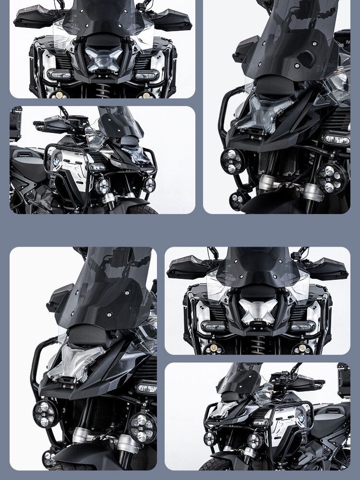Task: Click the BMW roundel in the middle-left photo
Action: (57, 162)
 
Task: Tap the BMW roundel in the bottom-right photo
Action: (301, 419)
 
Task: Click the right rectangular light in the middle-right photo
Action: (303, 327)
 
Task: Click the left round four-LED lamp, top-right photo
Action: (232, 161)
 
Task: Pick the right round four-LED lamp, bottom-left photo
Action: (143, 427)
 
